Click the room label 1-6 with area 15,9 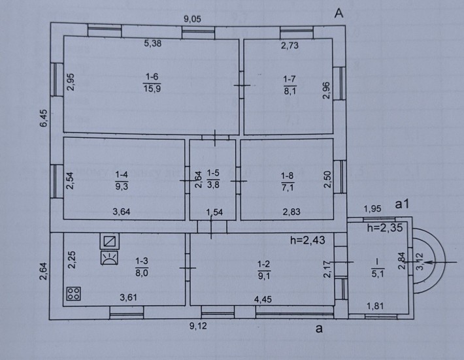[x=150, y=84]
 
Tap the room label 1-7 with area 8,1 [x=290, y=85]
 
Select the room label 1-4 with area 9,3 [x=122, y=180]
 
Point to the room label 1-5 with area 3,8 [x=213, y=179]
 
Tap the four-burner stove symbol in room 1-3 [x=73, y=293]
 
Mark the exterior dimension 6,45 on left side [x=43, y=122]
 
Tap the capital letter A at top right [x=339, y=12]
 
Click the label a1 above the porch [x=403, y=204]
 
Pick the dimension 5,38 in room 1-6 [x=153, y=44]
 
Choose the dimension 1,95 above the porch [x=373, y=208]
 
